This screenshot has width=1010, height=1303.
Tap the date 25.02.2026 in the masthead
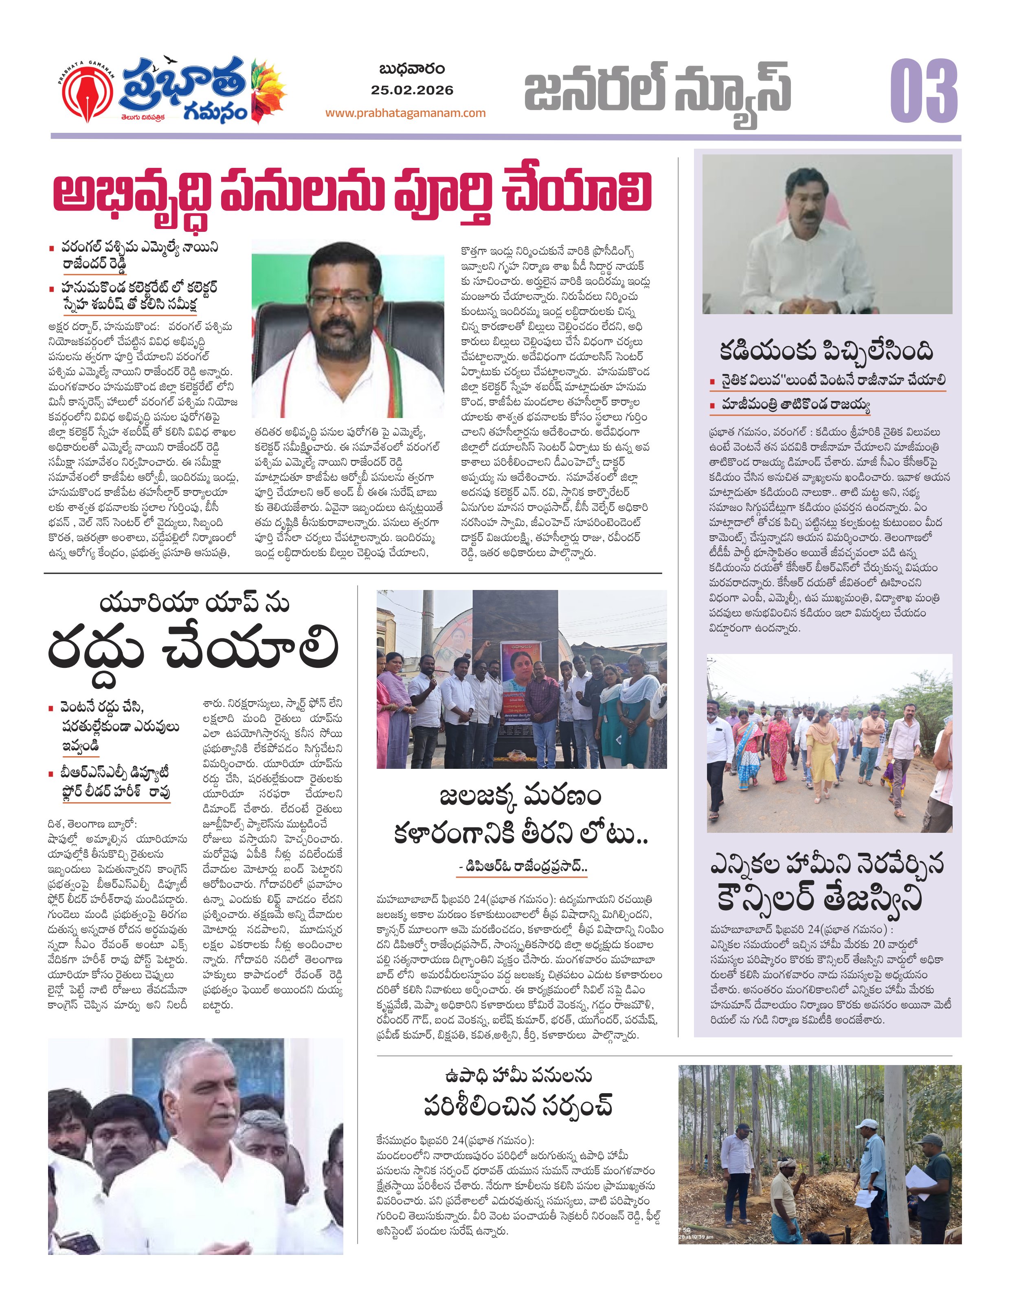[411, 90]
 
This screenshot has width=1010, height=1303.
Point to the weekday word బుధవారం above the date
[411, 70]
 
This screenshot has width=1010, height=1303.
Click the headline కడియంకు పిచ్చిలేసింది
[826, 351]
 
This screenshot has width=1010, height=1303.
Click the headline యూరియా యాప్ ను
[194, 604]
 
